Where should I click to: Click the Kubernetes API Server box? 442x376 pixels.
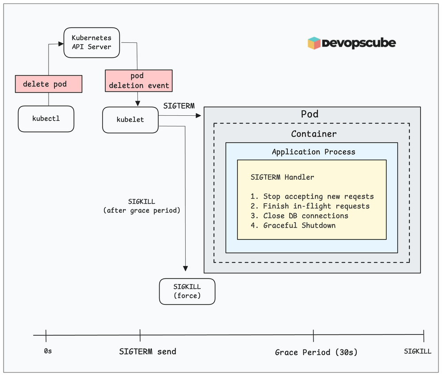91,42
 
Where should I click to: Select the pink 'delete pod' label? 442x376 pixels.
49,84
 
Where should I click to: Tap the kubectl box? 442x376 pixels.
46,118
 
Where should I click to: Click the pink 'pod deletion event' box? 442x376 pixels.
139,81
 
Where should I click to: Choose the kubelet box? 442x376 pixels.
130,119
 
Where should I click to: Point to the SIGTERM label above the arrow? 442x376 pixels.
179,106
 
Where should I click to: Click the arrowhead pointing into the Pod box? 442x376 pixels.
198,116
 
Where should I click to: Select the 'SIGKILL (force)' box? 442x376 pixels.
187,291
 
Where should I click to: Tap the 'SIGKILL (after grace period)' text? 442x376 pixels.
141,206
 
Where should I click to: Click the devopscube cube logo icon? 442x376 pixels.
314,43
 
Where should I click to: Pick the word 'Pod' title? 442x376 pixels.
309,114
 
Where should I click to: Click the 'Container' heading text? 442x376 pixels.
313,134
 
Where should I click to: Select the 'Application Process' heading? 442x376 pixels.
313,152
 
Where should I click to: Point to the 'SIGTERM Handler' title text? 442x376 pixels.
282,177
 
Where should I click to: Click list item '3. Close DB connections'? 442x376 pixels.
299,216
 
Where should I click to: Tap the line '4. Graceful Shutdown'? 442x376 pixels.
293,225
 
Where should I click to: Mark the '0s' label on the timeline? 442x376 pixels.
48,352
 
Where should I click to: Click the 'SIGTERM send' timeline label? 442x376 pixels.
148,352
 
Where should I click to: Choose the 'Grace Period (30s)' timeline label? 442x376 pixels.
316,352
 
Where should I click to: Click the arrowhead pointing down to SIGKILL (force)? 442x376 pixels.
186,269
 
